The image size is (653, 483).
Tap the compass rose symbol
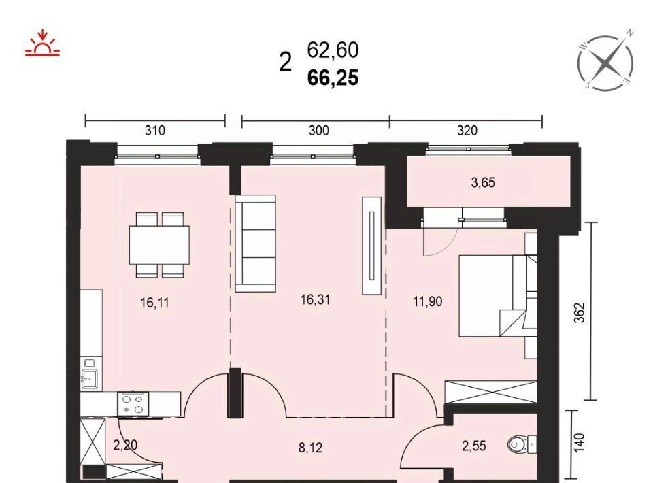point(606,63)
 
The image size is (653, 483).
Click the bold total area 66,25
point(333,78)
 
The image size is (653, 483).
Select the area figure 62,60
point(333,50)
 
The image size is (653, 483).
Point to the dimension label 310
point(155,131)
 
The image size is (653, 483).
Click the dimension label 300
point(318,131)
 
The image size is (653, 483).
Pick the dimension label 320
point(467,131)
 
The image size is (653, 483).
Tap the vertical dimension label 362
point(580,312)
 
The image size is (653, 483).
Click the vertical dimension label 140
point(580,443)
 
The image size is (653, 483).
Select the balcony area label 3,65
point(483,183)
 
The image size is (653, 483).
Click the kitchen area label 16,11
point(155,303)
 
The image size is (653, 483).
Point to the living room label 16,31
point(315,299)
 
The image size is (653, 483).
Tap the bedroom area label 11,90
point(427,301)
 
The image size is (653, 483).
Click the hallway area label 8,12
point(310,448)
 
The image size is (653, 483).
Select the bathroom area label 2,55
point(474,446)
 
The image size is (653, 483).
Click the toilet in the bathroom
point(522,444)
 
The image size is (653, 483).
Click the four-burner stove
point(133,404)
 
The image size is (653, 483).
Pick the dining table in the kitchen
point(159,245)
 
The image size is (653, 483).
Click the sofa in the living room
point(256,243)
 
